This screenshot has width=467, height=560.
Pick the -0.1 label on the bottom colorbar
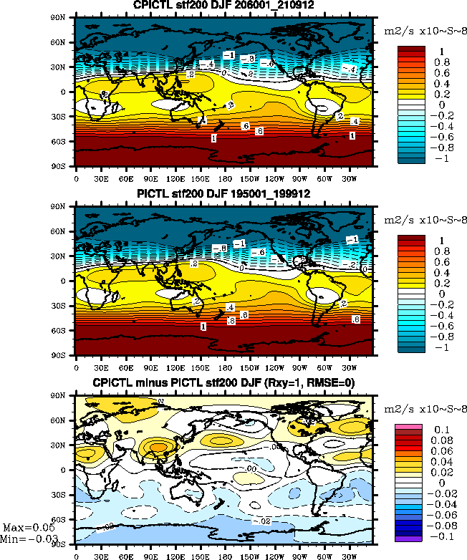click(440, 534)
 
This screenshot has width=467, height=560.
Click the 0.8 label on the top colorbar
click(441, 62)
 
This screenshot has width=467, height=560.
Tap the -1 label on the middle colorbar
click(438, 347)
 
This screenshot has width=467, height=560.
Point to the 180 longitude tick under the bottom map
click(224, 554)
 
